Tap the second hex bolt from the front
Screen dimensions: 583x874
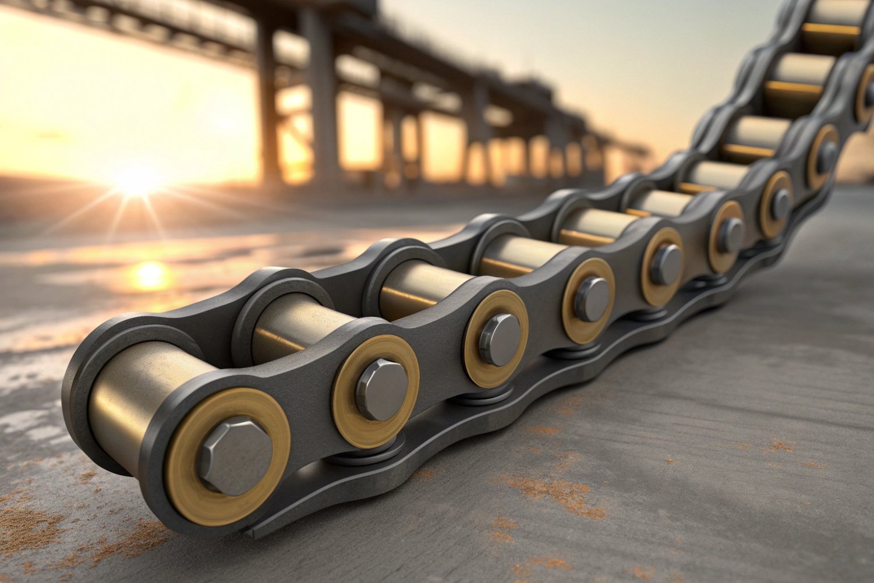381,389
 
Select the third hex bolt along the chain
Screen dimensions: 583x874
500,339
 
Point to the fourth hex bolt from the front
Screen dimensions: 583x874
592,299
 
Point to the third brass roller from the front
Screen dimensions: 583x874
422,288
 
